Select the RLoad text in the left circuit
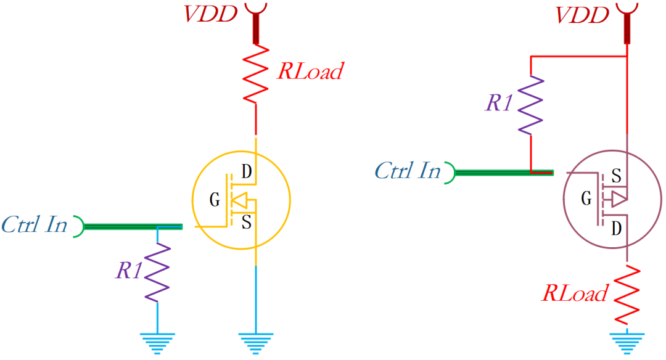click(x=309, y=71)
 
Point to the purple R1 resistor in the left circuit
click(x=157, y=271)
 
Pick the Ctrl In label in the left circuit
click(x=34, y=225)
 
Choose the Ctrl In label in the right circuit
click(x=408, y=171)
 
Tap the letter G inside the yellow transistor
click(x=215, y=200)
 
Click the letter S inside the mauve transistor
click(x=615, y=176)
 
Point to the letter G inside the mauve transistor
click(x=585, y=198)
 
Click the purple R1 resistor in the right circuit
click(x=531, y=105)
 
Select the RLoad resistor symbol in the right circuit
click(x=627, y=294)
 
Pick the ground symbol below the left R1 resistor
click(x=157, y=342)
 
